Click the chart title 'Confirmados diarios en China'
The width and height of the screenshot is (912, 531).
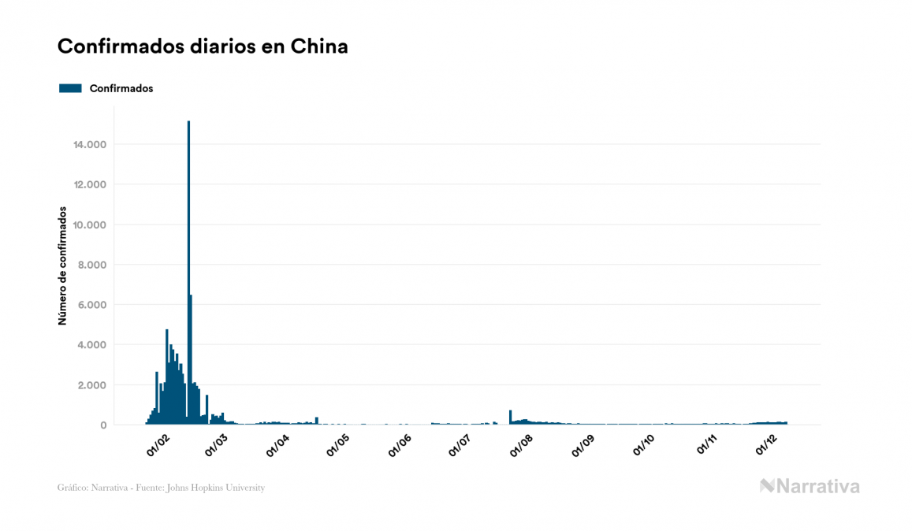pos(203,46)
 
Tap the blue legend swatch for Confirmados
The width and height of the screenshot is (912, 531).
pos(70,88)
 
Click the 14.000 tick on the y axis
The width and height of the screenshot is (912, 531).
pos(89,144)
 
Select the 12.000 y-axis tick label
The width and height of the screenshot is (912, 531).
pos(89,184)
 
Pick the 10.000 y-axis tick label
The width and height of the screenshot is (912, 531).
pos(89,225)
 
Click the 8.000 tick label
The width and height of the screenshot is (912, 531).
pos(92,265)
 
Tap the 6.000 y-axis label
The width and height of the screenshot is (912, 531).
pos(92,305)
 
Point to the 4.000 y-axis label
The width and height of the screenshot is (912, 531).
pos(92,345)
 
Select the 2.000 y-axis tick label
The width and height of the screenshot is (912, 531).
pos(92,385)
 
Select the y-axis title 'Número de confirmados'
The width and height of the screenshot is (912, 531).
pos(61,266)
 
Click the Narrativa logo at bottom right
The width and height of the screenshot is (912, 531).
pos(810,486)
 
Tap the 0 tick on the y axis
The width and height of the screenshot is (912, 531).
pos(103,425)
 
